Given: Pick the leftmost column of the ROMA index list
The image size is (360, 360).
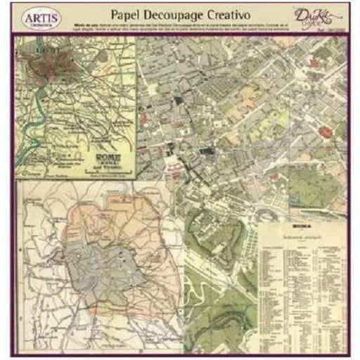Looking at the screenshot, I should pyautogui.click(x=271, y=288).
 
